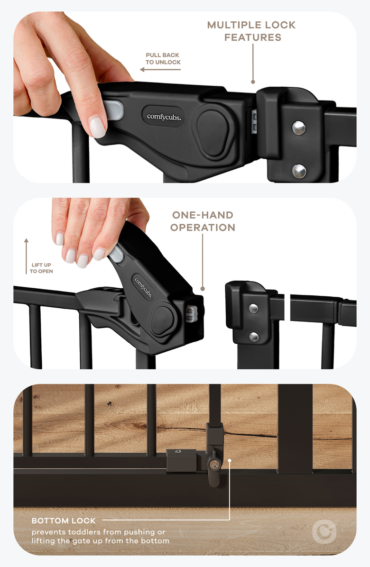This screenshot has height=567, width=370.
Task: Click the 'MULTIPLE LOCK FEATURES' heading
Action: [252, 31]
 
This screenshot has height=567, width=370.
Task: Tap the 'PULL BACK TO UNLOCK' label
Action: [163, 59]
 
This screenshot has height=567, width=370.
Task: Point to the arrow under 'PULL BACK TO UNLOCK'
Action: [160, 69]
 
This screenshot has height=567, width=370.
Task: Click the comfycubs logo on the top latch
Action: [164, 117]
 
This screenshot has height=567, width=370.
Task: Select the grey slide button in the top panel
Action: [113, 110]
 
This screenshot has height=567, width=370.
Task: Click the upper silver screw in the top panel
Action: [298, 128]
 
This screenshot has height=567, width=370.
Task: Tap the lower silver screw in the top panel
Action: [299, 171]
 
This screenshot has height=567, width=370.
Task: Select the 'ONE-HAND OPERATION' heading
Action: [203, 221]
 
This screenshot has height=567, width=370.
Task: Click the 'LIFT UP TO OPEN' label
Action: [41, 268]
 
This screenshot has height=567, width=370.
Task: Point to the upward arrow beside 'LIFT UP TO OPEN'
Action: [26, 256]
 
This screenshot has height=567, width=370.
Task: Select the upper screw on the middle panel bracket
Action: [253, 309]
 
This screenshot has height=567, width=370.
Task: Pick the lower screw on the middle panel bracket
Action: [254, 337]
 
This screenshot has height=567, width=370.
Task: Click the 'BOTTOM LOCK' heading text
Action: [64, 521]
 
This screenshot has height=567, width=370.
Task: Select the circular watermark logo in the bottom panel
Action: [324, 531]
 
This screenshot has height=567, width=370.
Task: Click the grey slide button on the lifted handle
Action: [115, 254]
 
